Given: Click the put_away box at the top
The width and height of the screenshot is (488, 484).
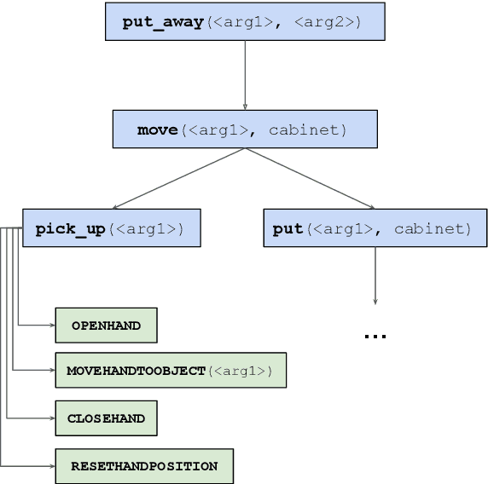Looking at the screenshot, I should click(245, 21).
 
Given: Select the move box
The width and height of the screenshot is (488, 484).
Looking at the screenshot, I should click(245, 130).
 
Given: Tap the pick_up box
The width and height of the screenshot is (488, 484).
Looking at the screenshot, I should click(111, 228).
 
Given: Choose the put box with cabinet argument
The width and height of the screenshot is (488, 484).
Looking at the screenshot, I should click(374, 228).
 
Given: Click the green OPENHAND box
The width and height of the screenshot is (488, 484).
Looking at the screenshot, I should click(106, 325).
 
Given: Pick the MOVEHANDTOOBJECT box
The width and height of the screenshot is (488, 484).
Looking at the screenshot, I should click(170, 371).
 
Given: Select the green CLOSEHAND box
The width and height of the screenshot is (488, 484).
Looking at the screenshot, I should click(106, 418).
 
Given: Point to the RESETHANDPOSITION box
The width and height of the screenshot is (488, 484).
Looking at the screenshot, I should click(143, 466).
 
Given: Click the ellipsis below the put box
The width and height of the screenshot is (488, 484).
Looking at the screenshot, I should click(375, 337).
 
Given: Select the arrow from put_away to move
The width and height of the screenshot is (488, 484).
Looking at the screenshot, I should click(245, 74).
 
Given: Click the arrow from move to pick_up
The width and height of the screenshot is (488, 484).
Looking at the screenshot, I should click(179, 179).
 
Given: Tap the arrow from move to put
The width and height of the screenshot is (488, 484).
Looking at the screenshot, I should click(310, 179).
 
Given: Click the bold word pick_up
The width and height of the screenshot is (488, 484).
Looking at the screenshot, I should click(70, 228).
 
